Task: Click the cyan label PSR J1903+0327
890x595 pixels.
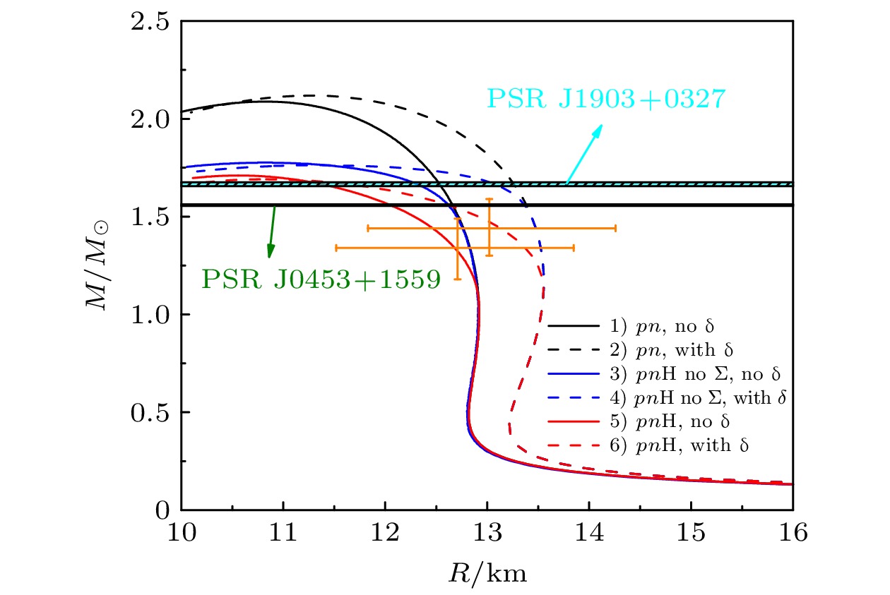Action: coord(606,98)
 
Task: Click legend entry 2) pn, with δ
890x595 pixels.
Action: coord(659,351)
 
